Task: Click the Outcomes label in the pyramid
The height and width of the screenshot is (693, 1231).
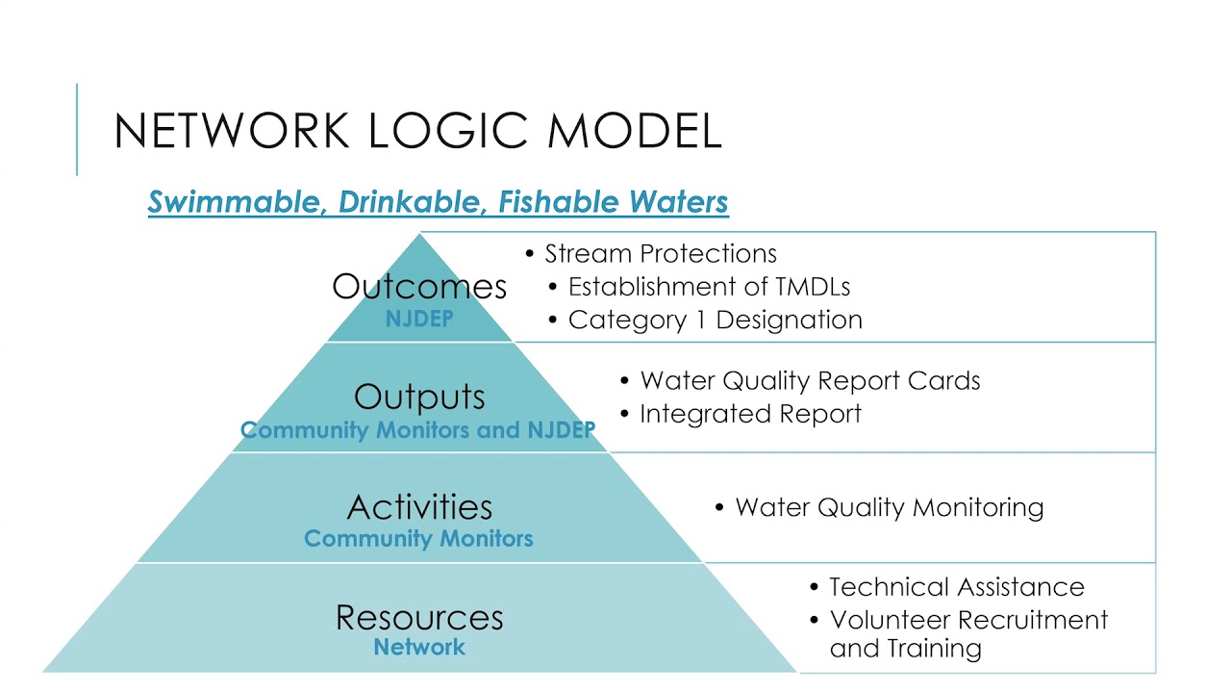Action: click(x=419, y=286)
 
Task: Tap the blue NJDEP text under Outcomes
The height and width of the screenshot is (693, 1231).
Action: click(x=419, y=320)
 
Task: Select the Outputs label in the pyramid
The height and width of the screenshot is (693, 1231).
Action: click(x=419, y=397)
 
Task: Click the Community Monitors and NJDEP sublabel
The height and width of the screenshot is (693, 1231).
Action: click(x=418, y=430)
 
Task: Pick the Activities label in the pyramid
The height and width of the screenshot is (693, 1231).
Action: click(x=419, y=506)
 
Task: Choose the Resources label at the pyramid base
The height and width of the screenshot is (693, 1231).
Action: click(x=419, y=617)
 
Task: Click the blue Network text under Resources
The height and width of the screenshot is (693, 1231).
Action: click(x=419, y=648)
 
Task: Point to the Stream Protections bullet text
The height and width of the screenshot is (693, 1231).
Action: click(x=661, y=254)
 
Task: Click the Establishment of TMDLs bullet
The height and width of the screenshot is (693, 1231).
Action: click(x=709, y=287)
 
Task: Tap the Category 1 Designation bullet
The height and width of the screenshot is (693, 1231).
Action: click(x=715, y=320)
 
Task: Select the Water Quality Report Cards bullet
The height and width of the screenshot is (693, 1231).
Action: click(x=810, y=381)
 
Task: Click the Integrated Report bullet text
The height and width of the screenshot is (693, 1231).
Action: click(x=750, y=414)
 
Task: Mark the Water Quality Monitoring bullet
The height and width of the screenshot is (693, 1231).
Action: click(x=889, y=507)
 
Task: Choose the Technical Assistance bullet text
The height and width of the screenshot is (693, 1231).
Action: click(x=956, y=587)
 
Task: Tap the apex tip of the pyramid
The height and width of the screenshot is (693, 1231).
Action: click(x=420, y=235)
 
